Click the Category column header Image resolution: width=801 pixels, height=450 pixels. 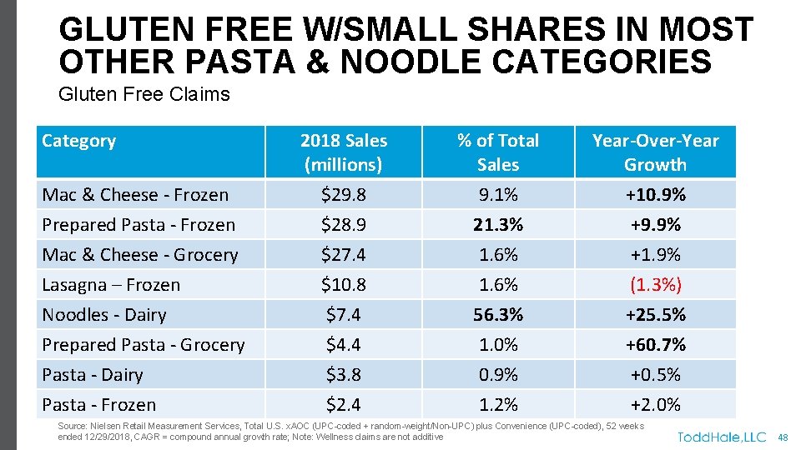[78, 141]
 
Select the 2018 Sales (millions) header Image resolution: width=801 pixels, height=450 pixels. [343, 152]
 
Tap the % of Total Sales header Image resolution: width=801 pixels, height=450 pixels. [498, 152]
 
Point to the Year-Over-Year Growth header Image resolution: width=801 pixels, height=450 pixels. [655, 152]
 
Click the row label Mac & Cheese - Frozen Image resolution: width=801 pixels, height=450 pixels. [135, 195]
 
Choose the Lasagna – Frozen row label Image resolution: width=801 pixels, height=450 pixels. [111, 285]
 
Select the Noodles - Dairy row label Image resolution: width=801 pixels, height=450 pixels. [104, 315]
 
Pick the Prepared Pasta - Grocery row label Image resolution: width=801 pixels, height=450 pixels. [144, 345]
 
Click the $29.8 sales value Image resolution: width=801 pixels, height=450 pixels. [343, 195]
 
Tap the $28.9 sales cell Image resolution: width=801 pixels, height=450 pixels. [343, 225]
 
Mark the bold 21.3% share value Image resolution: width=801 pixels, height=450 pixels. [498, 225]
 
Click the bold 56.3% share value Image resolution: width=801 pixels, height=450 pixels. [498, 315]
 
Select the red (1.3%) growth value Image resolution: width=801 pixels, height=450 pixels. [655, 285]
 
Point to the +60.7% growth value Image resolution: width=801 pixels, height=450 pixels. [655, 345]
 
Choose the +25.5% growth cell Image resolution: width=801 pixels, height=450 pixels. [655, 315]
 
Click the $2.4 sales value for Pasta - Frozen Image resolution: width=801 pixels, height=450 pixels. [343, 405]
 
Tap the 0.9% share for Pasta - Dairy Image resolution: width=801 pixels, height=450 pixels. [498, 375]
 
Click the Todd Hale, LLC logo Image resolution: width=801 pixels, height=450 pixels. [721, 437]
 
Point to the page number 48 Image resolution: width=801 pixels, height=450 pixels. [783, 437]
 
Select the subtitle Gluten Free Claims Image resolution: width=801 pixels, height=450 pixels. [144, 94]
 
